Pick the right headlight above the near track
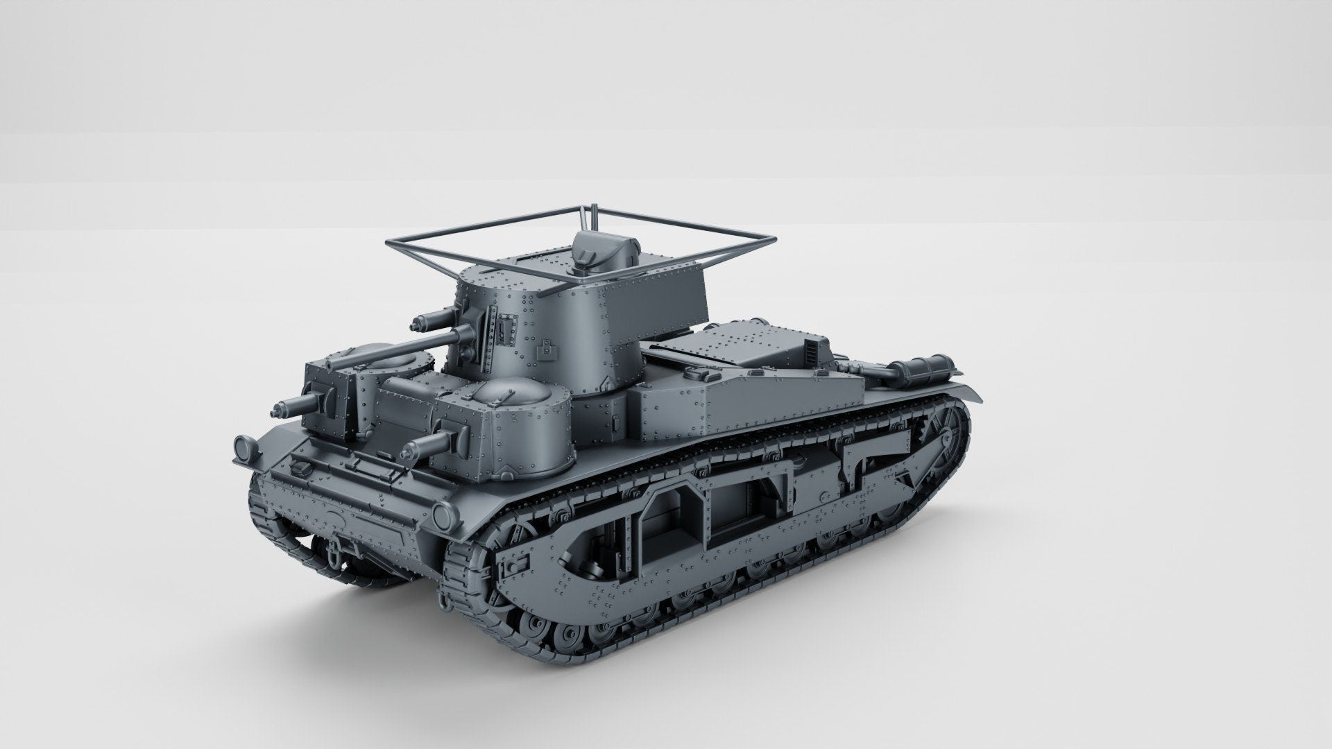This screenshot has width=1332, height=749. click(442, 515)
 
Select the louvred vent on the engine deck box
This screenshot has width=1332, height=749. click(812, 350)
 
